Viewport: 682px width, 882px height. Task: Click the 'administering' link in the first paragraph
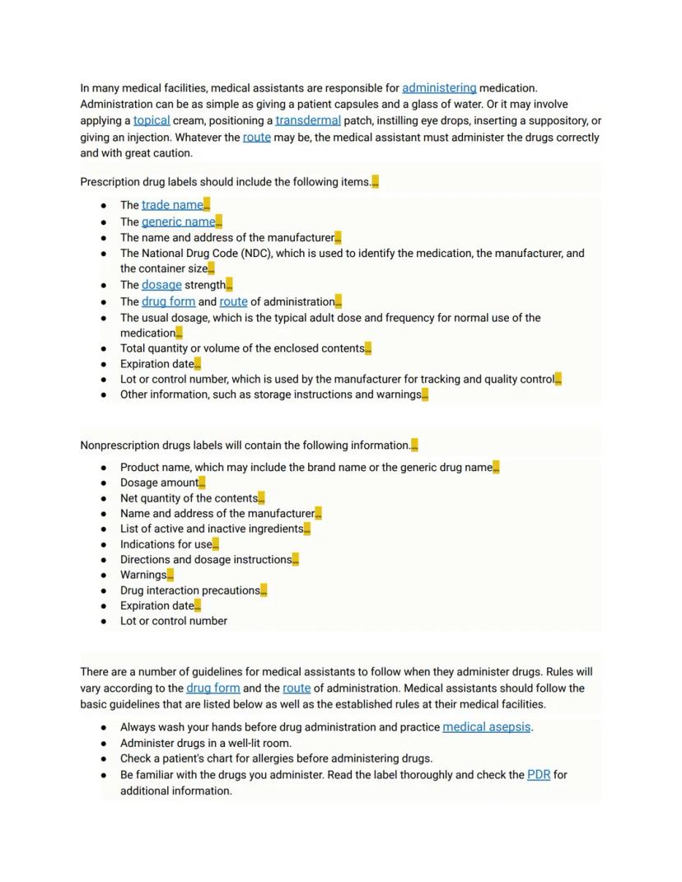pyautogui.click(x=439, y=88)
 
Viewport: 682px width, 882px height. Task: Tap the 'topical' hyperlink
pyautogui.click(x=152, y=120)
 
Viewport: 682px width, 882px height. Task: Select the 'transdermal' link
pyautogui.click(x=307, y=120)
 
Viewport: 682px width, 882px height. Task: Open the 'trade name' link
pyautogui.click(x=172, y=205)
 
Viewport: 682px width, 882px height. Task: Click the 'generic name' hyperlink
pyautogui.click(x=178, y=222)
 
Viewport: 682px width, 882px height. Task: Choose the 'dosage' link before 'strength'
pyautogui.click(x=161, y=285)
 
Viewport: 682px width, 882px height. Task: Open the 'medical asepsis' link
pyautogui.click(x=486, y=727)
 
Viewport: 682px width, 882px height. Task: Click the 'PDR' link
pyautogui.click(x=539, y=775)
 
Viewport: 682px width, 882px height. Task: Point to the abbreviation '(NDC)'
pyautogui.click(x=257, y=254)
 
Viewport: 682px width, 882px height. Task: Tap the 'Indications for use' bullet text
pyautogui.click(x=166, y=544)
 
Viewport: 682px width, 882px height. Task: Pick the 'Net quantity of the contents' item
pyautogui.click(x=189, y=498)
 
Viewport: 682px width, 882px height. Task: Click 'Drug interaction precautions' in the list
pyautogui.click(x=189, y=590)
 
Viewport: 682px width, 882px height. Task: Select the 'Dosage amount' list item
pyautogui.click(x=159, y=483)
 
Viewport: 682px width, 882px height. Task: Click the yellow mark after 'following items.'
pyautogui.click(x=376, y=182)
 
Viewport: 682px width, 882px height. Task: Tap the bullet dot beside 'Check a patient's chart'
pyautogui.click(x=104, y=758)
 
